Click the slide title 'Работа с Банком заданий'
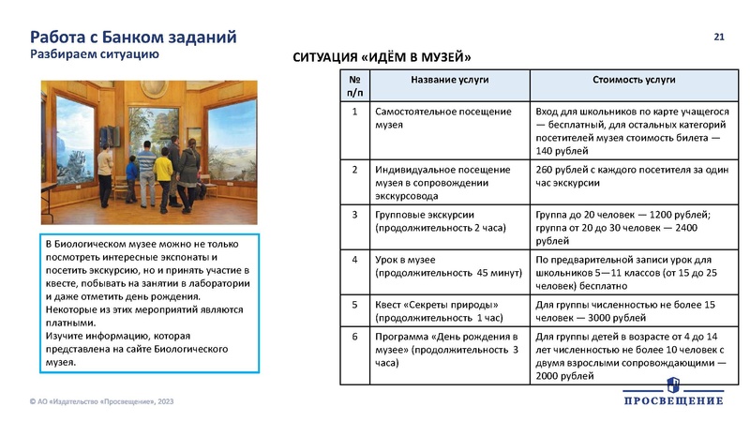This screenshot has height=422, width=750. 133,37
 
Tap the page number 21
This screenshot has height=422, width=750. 720,37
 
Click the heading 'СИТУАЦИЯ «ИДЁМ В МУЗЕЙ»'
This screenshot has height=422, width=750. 382,58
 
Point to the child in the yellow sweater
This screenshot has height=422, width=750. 164,174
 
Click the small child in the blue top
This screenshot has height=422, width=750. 132,173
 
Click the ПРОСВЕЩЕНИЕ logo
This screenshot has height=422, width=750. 673,394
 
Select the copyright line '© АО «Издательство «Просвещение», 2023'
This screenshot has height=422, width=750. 101,401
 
